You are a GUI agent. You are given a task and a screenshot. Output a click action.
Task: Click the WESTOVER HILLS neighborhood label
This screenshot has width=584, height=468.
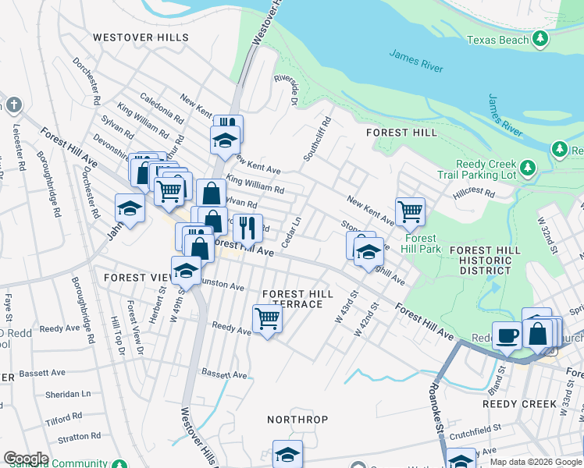pyautogui.click(x=141, y=37)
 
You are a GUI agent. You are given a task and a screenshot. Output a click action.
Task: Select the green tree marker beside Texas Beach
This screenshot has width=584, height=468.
pyautogui.click(x=537, y=41)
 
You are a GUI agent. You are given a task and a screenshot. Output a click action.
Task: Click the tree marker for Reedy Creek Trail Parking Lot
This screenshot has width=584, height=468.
pyautogui.click(x=529, y=167)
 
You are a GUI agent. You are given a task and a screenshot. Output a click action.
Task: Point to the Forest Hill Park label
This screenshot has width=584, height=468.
pyautogui.click(x=421, y=243)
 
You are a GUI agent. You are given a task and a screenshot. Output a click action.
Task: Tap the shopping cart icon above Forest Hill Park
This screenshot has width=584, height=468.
pyautogui.click(x=410, y=211)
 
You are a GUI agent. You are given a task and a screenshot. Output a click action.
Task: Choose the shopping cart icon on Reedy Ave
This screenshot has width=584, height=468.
pyautogui.click(x=267, y=318)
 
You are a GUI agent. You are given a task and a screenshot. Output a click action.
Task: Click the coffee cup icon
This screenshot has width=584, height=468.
pyautogui.click(x=507, y=335)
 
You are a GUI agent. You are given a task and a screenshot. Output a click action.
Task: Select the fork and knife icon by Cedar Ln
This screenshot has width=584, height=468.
pyautogui.click(x=247, y=227)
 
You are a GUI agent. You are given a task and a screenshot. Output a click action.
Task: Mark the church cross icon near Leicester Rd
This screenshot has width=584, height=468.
pyautogui.click(x=13, y=105)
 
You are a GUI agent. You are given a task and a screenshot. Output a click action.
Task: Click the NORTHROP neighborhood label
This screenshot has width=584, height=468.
pyautogui.click(x=297, y=419)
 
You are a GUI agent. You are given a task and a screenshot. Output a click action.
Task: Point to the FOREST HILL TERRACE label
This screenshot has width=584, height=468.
pyautogui.click(x=297, y=299)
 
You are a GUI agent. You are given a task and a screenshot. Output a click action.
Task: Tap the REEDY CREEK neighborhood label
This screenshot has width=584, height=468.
pyautogui.click(x=519, y=404)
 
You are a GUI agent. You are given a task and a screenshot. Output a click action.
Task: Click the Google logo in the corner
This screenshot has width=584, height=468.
pyautogui.click(x=26, y=459)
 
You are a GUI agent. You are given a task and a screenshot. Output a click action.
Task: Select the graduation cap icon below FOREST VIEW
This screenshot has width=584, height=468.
pyautogui.click(x=186, y=270)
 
